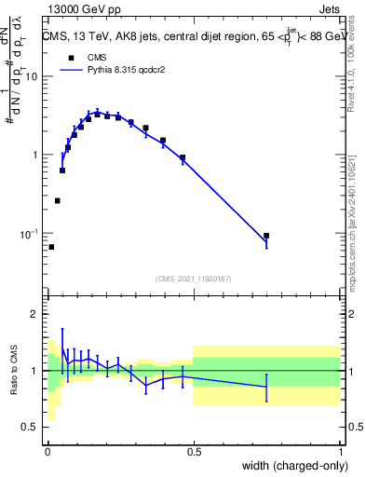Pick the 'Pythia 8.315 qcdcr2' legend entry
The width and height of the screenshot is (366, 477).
pos(108,70)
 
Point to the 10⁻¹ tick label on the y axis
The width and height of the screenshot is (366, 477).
pos(27,234)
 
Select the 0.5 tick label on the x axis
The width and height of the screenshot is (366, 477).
pos(194,450)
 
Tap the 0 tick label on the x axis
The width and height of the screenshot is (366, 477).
pos(47,450)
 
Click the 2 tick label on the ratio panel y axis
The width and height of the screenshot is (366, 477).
pos(34,315)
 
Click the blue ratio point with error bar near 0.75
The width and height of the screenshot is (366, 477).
pos(266,387)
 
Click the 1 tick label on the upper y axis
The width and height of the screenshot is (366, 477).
pos(34,155)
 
